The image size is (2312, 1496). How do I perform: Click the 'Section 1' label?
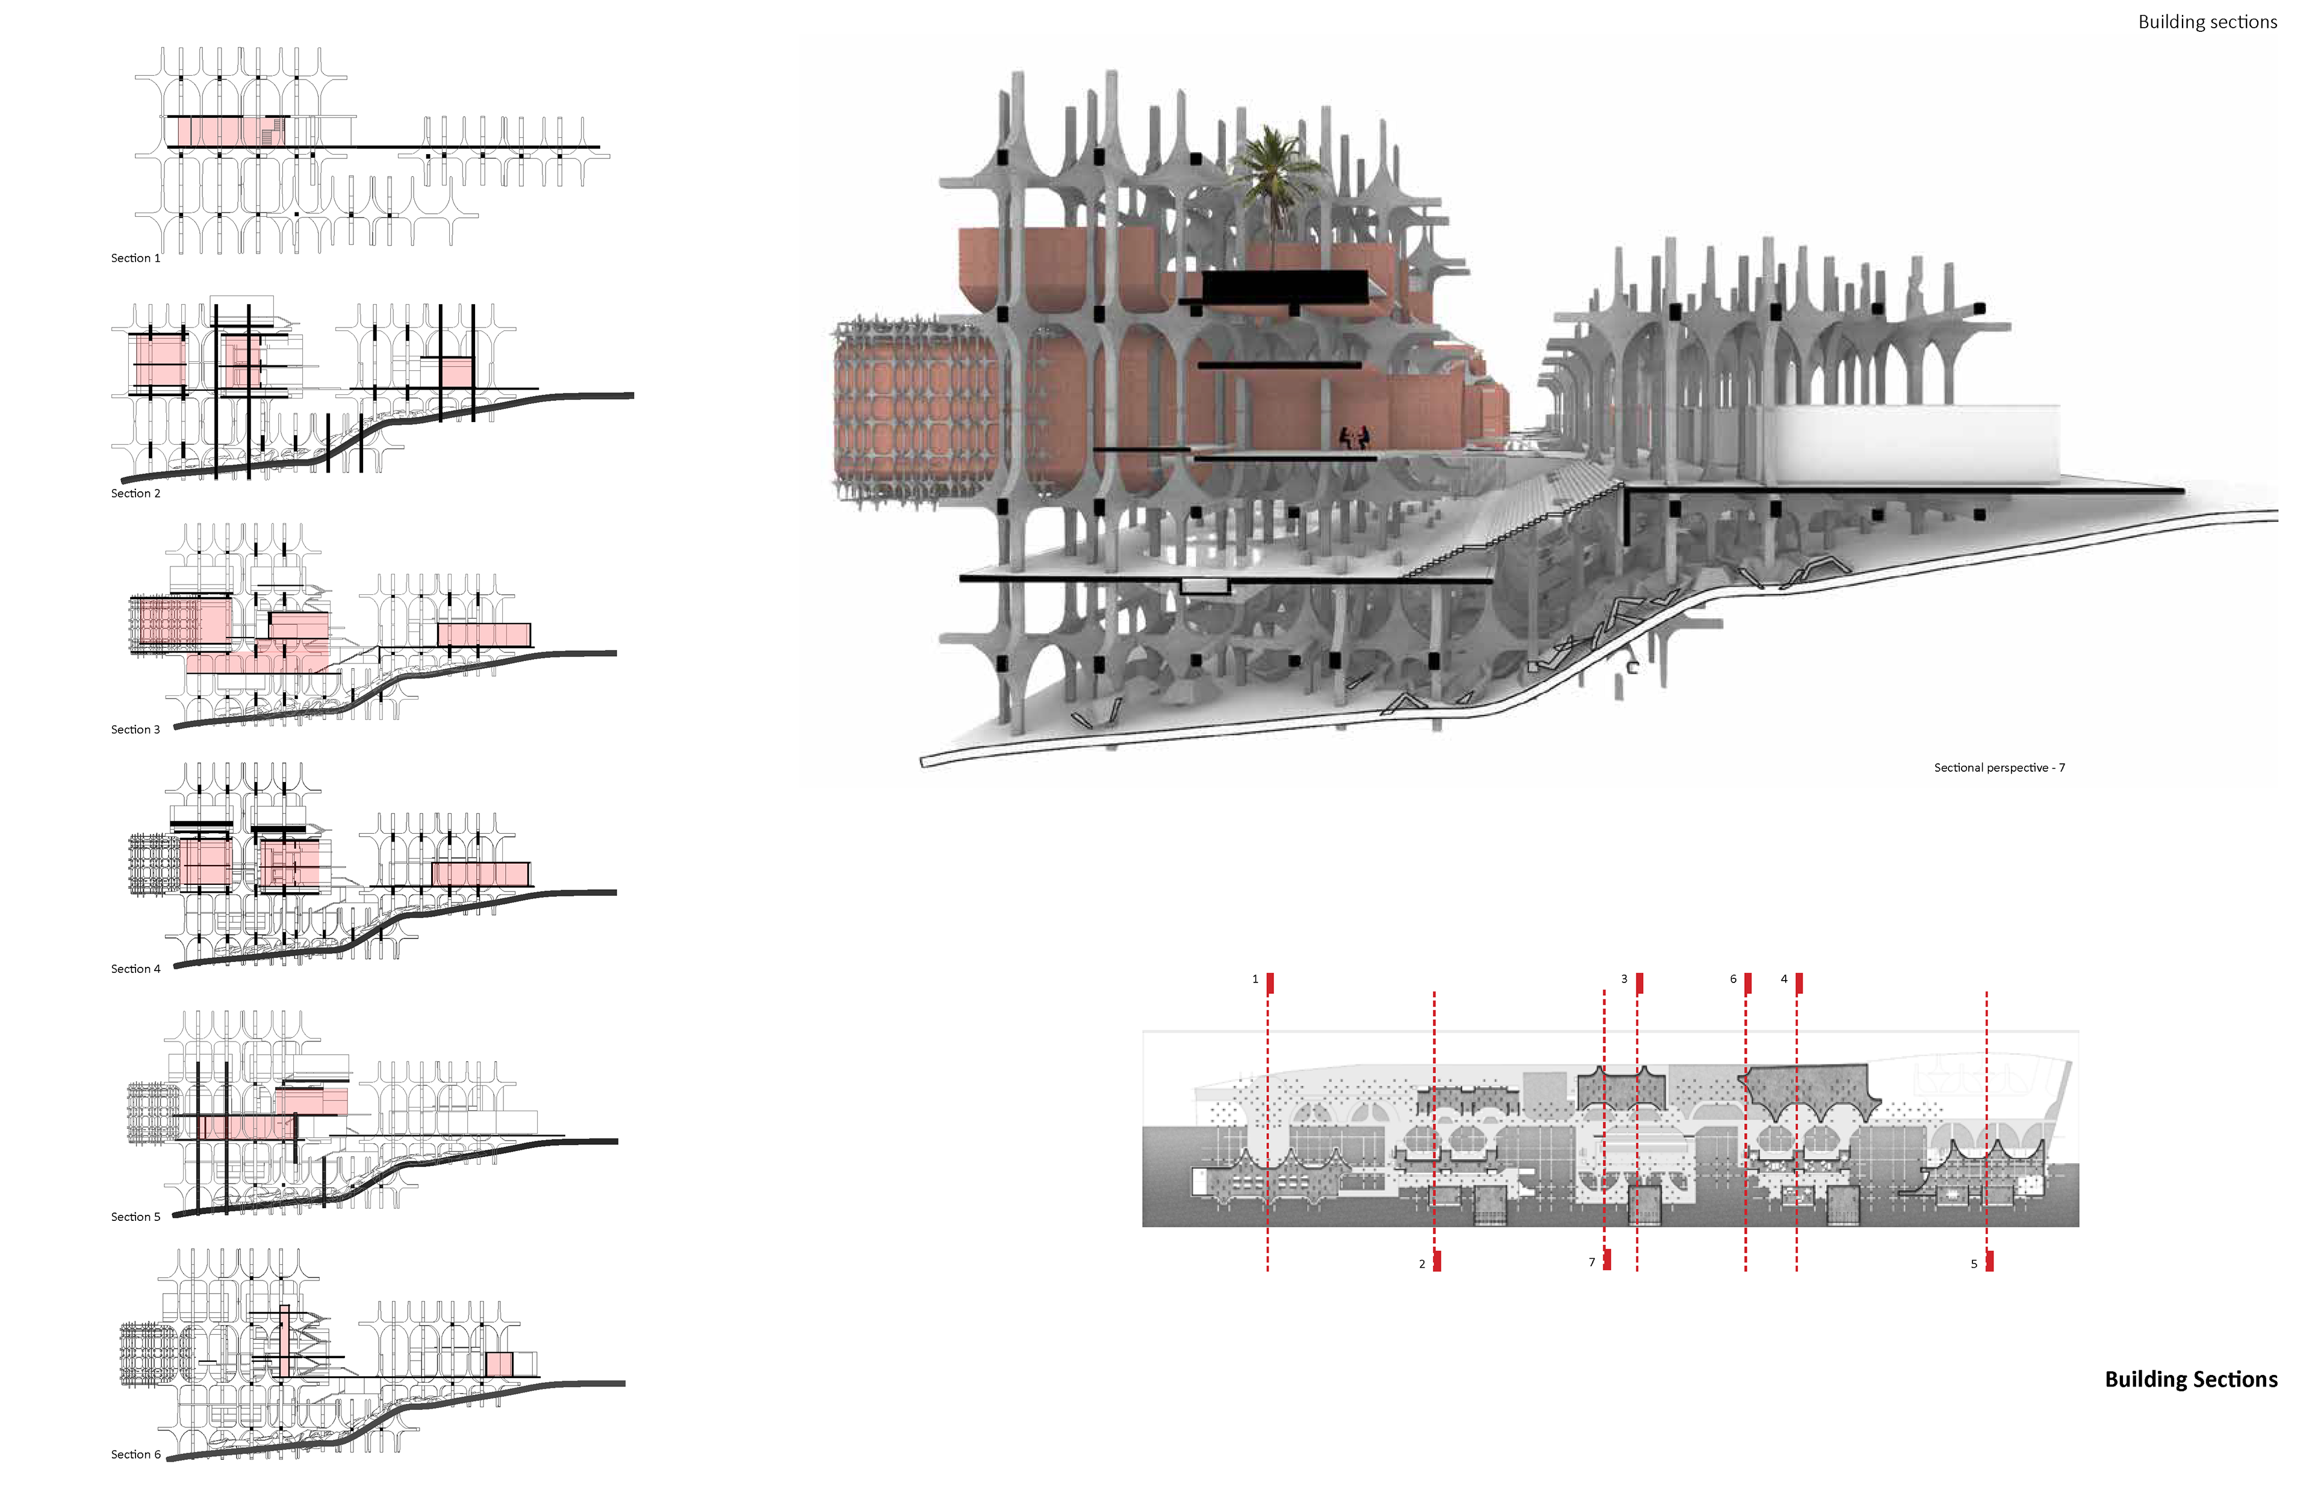135,258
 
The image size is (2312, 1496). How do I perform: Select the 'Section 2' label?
135,494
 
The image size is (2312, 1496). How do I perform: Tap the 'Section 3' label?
135,730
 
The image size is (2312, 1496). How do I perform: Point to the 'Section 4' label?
135,969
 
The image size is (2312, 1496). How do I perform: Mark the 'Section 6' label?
135,1454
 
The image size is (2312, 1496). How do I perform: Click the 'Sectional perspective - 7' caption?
1999,768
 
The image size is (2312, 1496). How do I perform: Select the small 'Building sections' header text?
2207,22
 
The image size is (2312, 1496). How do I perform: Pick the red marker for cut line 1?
1270,983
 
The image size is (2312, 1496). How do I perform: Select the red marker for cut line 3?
1639,983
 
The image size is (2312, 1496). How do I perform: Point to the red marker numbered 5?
1989,1261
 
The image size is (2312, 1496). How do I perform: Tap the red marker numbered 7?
1608,1260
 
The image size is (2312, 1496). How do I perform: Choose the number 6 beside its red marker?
1733,979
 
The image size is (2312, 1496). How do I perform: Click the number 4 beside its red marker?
1783,979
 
